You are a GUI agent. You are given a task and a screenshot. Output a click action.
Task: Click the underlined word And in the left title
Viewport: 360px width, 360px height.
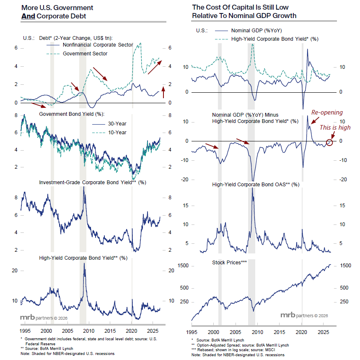[x=28, y=16]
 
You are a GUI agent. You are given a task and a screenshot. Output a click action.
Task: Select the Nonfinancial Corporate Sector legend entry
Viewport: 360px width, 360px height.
[x=90, y=45]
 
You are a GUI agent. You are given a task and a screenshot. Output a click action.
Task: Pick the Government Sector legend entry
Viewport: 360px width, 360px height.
[x=77, y=54]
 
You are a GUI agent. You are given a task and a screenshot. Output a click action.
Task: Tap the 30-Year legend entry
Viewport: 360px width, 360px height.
[x=109, y=124]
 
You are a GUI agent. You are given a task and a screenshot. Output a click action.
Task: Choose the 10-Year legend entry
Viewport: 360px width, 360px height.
[x=109, y=133]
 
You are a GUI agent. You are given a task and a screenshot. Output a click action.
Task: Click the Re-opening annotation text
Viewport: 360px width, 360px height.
[x=327, y=112]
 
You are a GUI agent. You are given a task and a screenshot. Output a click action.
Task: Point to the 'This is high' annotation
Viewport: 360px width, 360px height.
[x=335, y=128]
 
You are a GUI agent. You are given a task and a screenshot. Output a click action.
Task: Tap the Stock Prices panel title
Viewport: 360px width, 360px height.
[x=229, y=263]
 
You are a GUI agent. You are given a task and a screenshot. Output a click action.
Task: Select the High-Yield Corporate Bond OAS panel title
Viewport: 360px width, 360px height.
[x=256, y=185]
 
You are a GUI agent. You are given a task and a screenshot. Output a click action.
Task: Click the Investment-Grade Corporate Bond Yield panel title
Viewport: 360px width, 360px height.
[x=93, y=183]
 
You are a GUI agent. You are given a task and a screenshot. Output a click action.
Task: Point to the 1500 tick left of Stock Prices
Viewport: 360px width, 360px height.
[x=183, y=266]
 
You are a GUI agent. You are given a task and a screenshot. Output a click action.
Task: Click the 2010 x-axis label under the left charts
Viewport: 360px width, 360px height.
[x=89, y=331]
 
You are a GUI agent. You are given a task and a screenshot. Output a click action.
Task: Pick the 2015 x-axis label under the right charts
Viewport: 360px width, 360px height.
[x=280, y=332]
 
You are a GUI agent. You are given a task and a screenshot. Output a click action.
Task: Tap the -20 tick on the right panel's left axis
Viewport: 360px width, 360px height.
[x=184, y=180]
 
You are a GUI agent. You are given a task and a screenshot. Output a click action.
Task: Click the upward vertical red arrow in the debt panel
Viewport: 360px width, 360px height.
[x=163, y=92]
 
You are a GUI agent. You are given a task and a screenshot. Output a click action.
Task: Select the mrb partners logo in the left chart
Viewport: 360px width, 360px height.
[x=44, y=318]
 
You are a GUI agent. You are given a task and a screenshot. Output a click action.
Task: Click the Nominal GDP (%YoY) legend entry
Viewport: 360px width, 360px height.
[x=249, y=31]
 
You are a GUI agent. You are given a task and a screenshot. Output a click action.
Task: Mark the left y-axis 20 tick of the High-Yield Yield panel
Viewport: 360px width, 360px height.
[x=15, y=271]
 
